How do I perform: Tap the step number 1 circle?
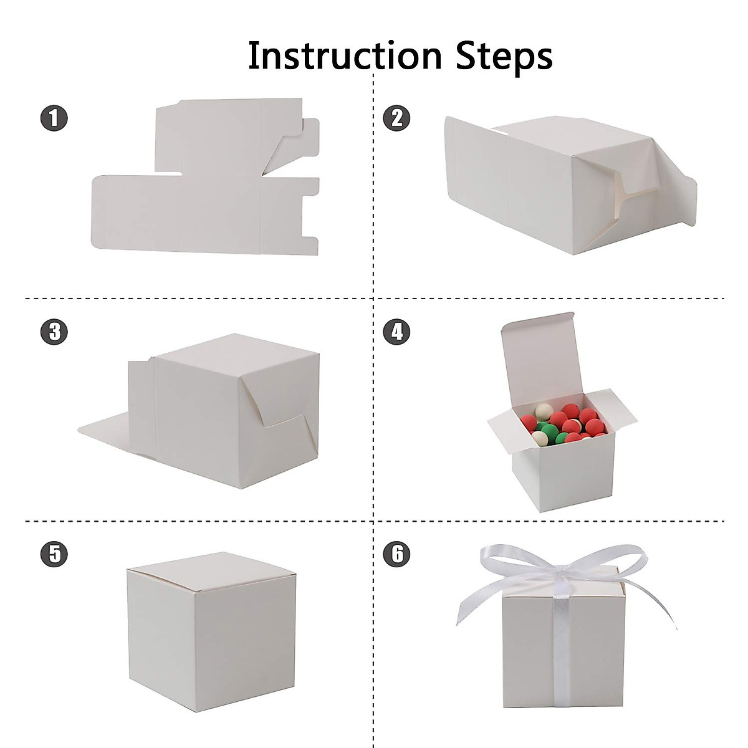pos(54,118)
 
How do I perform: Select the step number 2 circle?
pos(397,118)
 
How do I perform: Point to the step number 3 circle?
pos(54,331)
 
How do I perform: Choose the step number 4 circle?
pos(397,331)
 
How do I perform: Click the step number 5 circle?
pos(54,553)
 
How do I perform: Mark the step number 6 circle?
pos(397,553)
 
